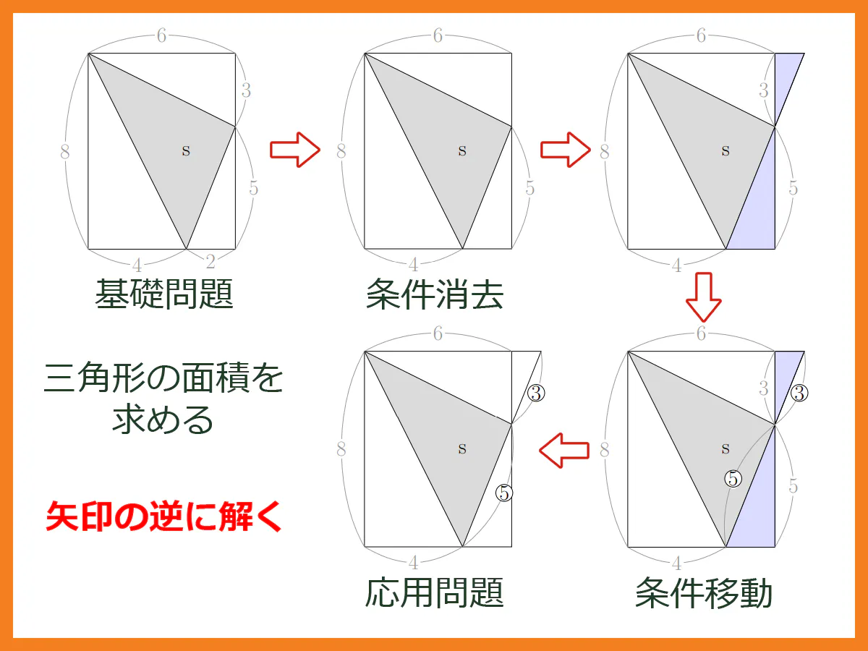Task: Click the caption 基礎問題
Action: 164,294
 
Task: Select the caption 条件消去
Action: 435,294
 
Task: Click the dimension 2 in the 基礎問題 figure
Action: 210,262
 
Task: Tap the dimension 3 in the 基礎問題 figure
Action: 246,90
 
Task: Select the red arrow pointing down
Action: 704,297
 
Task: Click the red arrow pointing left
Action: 564,450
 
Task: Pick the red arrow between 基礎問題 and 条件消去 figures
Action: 295,150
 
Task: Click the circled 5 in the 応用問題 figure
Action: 504,493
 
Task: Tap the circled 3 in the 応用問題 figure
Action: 536,393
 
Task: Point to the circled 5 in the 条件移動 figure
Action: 733,479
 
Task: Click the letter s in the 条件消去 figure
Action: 462,150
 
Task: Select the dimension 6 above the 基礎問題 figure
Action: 161,35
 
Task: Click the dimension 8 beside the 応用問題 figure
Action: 341,449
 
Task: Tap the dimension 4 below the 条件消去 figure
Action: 414,265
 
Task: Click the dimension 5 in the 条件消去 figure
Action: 530,188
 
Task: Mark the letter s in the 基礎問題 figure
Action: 186,150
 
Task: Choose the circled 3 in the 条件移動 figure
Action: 799,393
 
